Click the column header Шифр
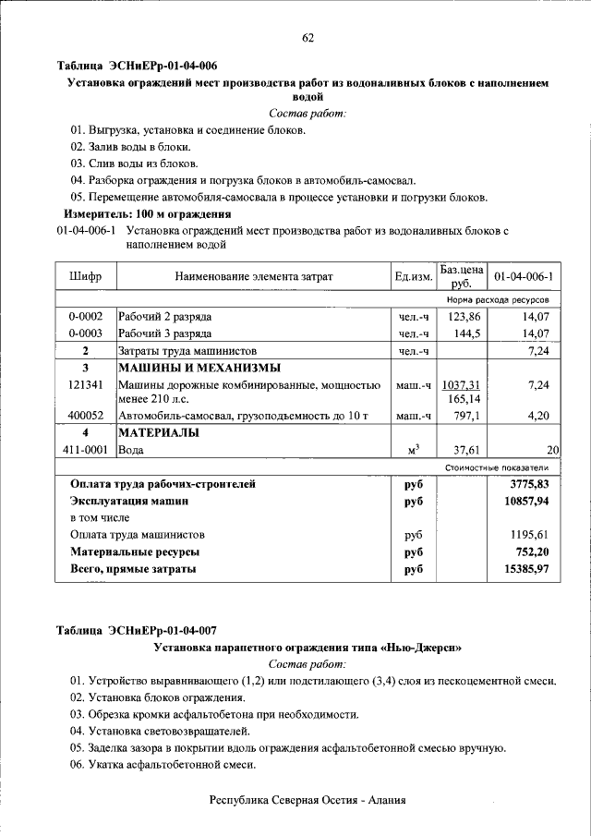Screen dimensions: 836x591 coord(85,276)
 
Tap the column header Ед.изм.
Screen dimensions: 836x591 coord(413,276)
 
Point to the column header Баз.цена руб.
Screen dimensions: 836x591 coord(462,276)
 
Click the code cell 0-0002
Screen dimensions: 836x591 coord(85,317)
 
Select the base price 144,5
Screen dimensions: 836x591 coord(464,333)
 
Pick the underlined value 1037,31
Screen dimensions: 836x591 coord(462,384)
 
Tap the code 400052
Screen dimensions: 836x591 coord(85,417)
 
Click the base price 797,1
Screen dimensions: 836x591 coord(464,417)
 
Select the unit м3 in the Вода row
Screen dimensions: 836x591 coord(413,450)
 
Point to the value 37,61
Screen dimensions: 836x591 coord(464,451)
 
